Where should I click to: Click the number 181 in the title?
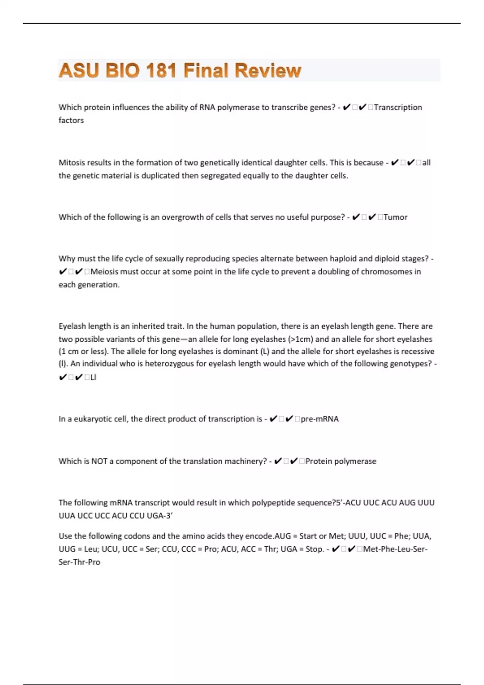pos(161,71)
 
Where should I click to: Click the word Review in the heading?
pos(268,71)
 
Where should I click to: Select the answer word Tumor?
pos(395,217)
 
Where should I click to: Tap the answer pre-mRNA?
pos(320,419)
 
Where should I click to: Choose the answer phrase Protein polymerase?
pos(341,461)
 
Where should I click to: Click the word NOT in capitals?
pos(99,461)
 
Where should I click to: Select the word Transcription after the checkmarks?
pos(398,108)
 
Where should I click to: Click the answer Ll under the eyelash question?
pos(93,378)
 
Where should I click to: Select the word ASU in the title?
pos(79,71)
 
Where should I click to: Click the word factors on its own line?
pos(71,120)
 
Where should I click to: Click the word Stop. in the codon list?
pos(315,549)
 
